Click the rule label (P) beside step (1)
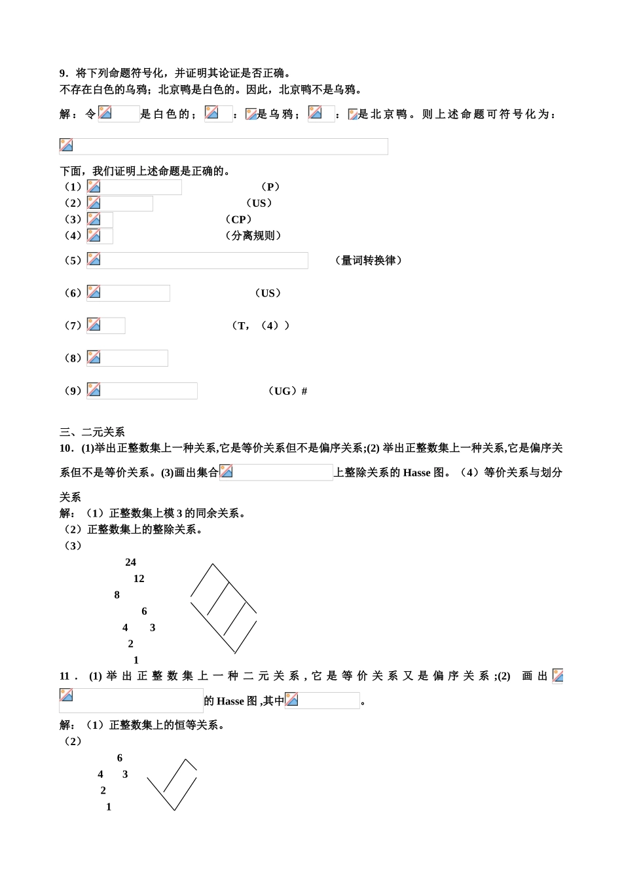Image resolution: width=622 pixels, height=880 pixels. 270,187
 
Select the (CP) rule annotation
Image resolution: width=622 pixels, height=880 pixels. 238,219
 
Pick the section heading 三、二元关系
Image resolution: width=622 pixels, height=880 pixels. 92,432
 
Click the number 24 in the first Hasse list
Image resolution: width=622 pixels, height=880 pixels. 131,562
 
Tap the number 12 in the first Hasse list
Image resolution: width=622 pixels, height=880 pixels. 139,579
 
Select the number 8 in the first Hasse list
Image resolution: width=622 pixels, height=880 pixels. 117,595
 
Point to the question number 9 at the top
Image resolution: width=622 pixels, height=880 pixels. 63,73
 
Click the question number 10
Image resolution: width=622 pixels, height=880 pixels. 65,449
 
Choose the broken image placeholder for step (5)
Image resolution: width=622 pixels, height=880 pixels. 197,261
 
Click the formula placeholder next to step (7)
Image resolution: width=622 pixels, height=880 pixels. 106,325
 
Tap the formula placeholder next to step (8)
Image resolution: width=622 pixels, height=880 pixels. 128,358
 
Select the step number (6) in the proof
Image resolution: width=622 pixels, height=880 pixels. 73,293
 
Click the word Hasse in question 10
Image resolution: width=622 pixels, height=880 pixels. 416,473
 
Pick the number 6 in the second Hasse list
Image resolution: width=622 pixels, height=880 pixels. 120,758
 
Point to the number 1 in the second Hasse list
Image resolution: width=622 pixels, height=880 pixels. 109,807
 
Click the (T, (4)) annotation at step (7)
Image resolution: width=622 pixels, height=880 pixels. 261,325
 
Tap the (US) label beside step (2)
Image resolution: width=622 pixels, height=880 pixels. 259,204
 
